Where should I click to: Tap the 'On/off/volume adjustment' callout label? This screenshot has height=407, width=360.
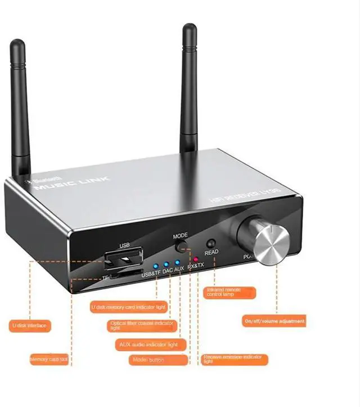(x=274, y=321)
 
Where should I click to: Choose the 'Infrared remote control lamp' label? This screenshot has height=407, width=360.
(x=227, y=293)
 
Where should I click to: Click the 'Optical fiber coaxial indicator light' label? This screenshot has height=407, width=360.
(x=143, y=326)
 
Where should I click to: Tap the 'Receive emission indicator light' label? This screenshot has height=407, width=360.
(x=235, y=359)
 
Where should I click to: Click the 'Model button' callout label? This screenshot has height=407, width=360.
(x=149, y=360)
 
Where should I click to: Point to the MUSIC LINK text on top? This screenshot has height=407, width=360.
(x=73, y=184)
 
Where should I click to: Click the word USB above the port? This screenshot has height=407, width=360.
(x=125, y=245)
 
